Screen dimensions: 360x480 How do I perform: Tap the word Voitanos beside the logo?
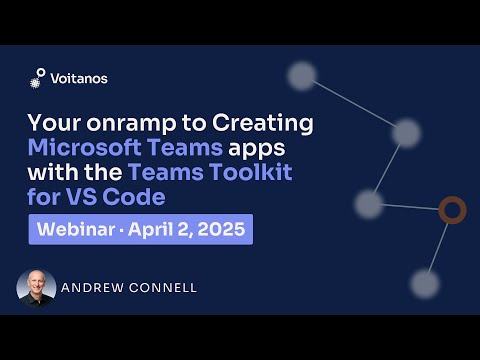(x=79, y=78)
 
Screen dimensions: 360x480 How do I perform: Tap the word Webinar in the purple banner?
(x=75, y=229)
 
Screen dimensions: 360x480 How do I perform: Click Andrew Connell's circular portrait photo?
(x=36, y=288)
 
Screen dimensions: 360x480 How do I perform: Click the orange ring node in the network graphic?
(x=453, y=210)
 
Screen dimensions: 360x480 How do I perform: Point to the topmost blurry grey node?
(x=302, y=75)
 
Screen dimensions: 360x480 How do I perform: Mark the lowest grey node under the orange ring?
(x=425, y=284)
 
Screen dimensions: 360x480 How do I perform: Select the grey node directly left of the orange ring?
(x=368, y=204)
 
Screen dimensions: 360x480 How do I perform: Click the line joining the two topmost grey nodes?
(x=354, y=104)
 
